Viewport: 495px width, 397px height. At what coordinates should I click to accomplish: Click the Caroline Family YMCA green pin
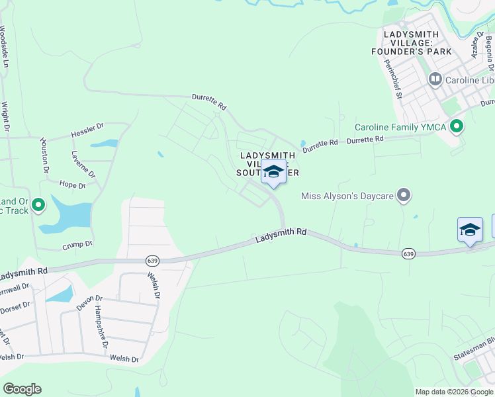pyautogui.click(x=456, y=126)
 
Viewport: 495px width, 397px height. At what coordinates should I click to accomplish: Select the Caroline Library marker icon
pyautogui.click(x=435, y=80)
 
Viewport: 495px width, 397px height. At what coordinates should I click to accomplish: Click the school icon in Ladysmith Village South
pyautogui.click(x=273, y=172)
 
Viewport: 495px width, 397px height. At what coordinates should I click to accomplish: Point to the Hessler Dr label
pyautogui.click(x=87, y=130)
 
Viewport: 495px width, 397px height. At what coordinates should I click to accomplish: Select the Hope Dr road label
pyautogui.click(x=73, y=185)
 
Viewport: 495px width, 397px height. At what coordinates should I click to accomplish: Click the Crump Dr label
pyautogui.click(x=77, y=245)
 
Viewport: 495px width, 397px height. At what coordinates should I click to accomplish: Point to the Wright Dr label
pyautogui.click(x=5, y=116)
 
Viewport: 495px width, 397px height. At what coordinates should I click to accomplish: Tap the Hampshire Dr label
pyautogui.click(x=101, y=330)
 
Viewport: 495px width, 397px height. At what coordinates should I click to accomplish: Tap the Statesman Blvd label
pyautogui.click(x=474, y=351)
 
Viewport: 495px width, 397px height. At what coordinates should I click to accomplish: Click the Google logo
pyautogui.click(x=22, y=389)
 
